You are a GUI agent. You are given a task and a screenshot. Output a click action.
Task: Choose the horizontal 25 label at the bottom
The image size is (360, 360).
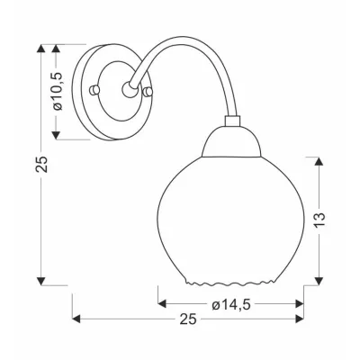pos(187,319)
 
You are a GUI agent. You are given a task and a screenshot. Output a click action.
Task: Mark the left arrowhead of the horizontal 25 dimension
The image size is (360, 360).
pos(76,319)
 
